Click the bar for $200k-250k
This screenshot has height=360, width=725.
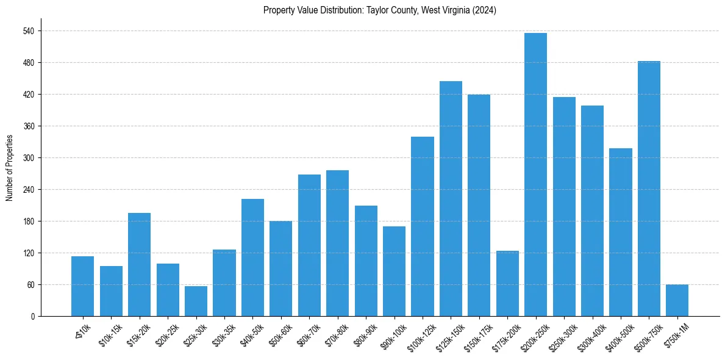(x=535, y=175)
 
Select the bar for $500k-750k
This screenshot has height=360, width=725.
(x=649, y=189)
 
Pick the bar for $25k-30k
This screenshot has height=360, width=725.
(x=196, y=301)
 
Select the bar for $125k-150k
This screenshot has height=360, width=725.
(x=451, y=198)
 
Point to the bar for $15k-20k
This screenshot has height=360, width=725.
(x=139, y=264)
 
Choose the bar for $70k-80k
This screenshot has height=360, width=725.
(x=337, y=243)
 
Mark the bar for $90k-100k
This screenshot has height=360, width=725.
(x=394, y=271)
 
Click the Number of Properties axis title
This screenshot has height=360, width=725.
(x=10, y=168)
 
